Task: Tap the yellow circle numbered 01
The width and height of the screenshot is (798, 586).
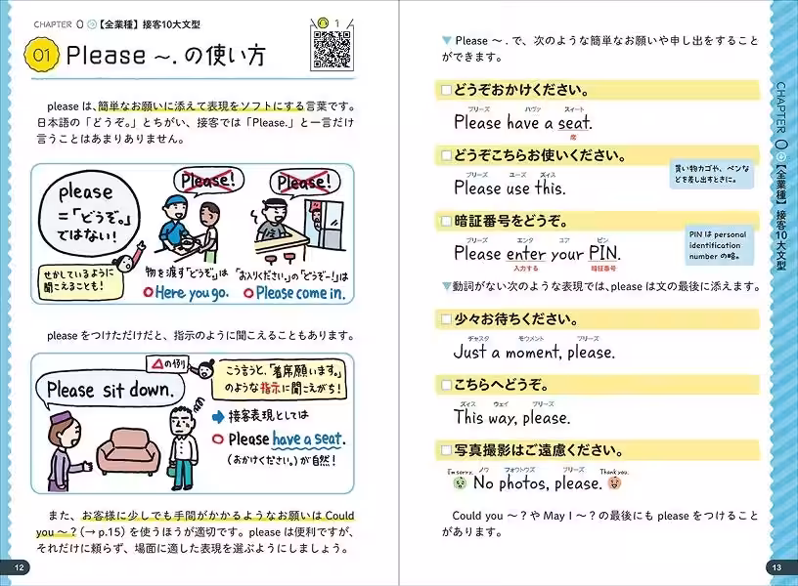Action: point(42,56)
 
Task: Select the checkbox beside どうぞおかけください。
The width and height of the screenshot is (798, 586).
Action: point(446,90)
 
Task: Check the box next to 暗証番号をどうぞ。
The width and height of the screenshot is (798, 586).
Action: point(446,220)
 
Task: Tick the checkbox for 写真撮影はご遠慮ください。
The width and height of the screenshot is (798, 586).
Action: point(446,450)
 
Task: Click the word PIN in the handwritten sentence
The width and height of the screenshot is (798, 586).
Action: point(602,253)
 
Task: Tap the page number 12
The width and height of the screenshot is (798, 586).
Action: point(17,567)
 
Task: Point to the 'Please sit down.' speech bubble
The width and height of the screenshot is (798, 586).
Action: point(114,390)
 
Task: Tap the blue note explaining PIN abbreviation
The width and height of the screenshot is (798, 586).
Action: point(718,244)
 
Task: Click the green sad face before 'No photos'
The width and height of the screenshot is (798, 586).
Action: point(459,482)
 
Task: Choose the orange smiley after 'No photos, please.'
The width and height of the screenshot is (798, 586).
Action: point(614,482)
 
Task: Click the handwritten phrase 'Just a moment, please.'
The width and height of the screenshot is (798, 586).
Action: point(533,352)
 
